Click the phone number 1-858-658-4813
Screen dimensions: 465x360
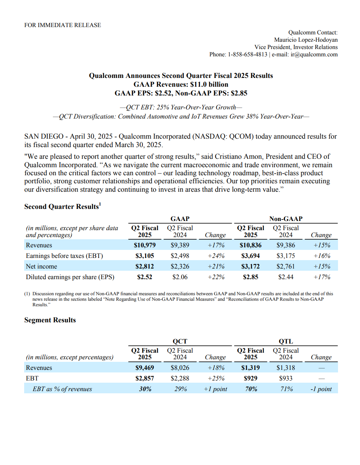(248, 55)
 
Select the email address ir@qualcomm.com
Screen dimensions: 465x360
(314, 55)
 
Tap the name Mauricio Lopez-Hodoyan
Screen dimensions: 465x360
(306, 40)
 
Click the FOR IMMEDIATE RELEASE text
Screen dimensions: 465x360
(63, 25)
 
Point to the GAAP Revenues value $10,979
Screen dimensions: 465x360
(145, 245)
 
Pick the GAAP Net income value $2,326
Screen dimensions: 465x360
(180, 266)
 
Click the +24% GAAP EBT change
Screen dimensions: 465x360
(216, 256)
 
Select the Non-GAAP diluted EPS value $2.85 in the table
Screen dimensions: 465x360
(250, 277)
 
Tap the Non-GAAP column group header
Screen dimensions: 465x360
(286, 219)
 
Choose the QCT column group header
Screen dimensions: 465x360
(180, 341)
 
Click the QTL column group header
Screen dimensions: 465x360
(286, 341)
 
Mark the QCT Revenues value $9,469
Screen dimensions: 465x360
(145, 368)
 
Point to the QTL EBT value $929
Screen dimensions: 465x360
(250, 378)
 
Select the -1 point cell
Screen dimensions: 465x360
(321, 389)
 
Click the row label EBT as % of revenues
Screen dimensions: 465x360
(62, 389)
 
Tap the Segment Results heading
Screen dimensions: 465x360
(50, 320)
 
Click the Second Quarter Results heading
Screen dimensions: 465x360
(62, 207)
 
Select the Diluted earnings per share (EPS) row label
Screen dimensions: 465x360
(70, 277)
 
